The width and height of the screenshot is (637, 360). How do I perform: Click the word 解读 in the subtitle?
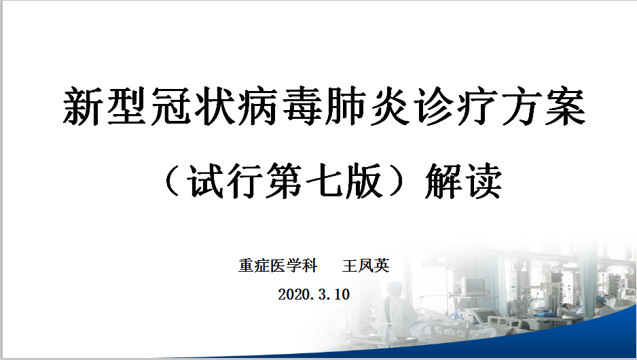pyautogui.click(x=464, y=181)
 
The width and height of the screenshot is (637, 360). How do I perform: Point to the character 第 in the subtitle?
pyautogui.click(x=285, y=181)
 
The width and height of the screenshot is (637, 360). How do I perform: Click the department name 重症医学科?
pyautogui.click(x=278, y=266)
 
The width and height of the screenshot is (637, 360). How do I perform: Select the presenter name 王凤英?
pyautogui.click(x=365, y=266)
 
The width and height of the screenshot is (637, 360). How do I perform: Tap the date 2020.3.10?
pyautogui.click(x=314, y=294)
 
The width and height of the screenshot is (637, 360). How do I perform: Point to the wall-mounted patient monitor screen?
pyautogui.click(x=475, y=286)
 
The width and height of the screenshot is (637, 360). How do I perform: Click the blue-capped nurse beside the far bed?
pyautogui.click(x=600, y=307)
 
